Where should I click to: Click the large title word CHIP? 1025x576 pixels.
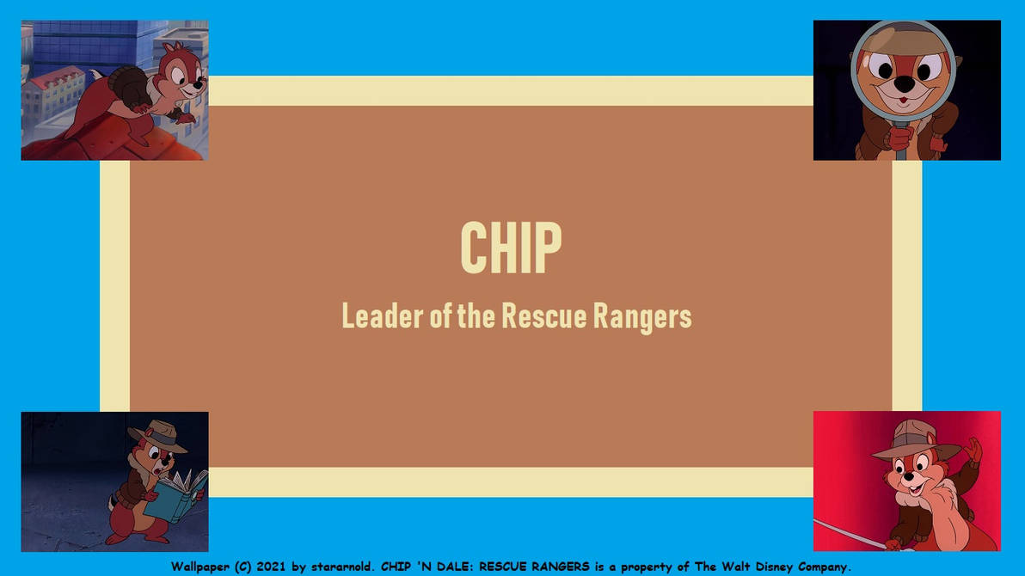click(x=511, y=248)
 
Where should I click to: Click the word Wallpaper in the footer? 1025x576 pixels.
click(x=199, y=567)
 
